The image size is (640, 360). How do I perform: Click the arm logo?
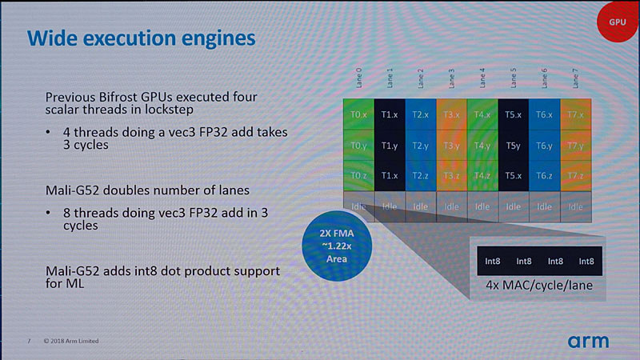[588, 341]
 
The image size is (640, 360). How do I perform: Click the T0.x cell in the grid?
[359, 114]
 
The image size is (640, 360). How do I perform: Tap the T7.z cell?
[575, 176]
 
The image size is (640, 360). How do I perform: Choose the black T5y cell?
[514, 146]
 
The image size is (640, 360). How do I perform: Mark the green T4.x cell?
[482, 114]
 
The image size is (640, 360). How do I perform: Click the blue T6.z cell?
[544, 176]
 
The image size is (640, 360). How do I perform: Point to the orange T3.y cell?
[451, 146]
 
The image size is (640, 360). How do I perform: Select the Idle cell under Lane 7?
[575, 206]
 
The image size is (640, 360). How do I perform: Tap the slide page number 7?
[30, 342]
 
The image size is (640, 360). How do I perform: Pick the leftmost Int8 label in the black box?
[488, 261]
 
